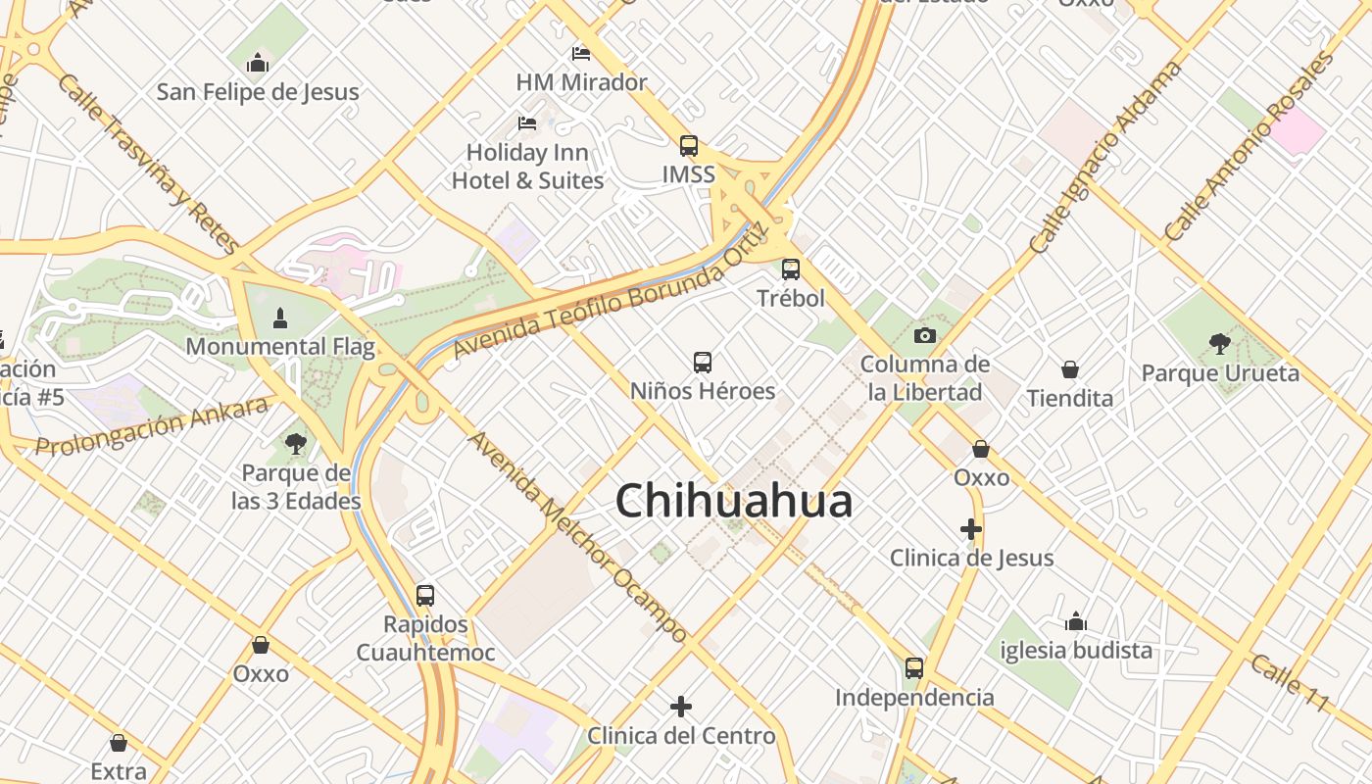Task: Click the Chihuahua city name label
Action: (x=734, y=502)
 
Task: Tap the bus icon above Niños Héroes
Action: (x=703, y=363)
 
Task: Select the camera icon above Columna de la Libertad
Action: (x=924, y=336)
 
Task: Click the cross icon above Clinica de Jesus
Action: (x=971, y=529)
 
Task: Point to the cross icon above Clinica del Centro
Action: (x=681, y=706)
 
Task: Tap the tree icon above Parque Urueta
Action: (x=1220, y=343)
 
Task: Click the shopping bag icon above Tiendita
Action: (x=1070, y=369)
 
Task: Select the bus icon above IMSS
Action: (x=689, y=146)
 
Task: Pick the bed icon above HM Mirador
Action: (x=581, y=53)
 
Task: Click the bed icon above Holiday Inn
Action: (x=527, y=123)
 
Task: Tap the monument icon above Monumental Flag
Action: (x=280, y=318)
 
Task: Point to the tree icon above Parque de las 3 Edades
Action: (x=295, y=444)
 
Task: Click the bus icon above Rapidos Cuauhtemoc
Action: (x=425, y=595)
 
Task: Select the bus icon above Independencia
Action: (x=914, y=668)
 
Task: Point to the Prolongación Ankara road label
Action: (x=152, y=427)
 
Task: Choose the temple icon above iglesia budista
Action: (x=1076, y=621)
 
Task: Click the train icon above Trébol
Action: (x=791, y=269)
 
